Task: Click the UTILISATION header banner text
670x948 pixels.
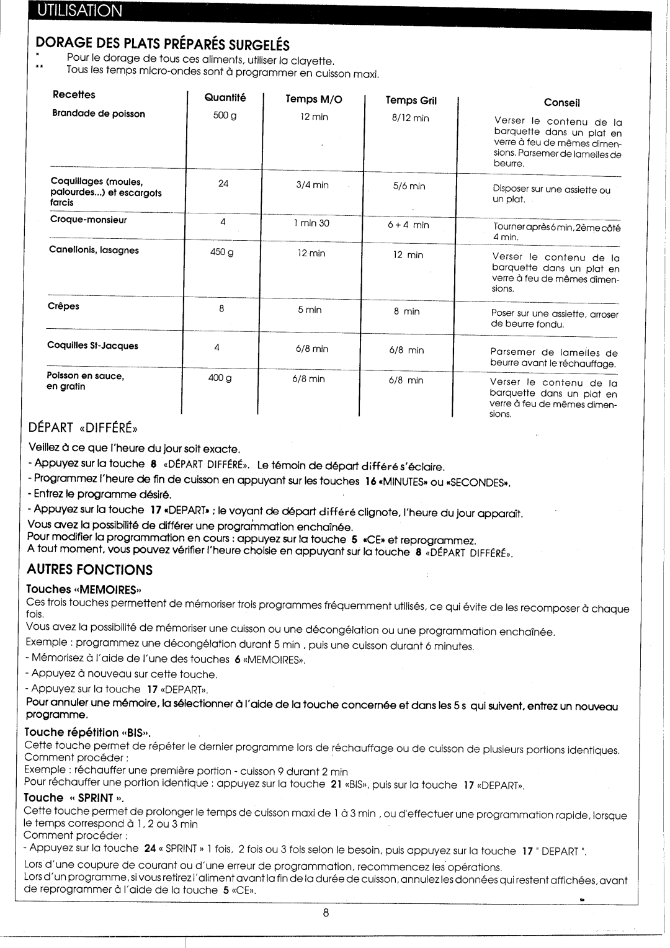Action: [78, 11]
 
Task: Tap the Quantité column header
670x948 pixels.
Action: [225, 97]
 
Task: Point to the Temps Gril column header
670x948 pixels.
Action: [411, 101]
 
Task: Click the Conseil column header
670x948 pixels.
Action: [561, 103]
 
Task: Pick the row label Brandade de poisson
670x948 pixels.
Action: [99, 114]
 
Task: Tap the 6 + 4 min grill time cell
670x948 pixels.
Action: [409, 225]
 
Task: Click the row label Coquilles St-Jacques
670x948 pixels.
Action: [93, 346]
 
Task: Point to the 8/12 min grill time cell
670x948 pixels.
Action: [410, 118]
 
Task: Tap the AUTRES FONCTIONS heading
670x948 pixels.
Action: [89, 570]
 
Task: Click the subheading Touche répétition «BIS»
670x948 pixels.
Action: [88, 732]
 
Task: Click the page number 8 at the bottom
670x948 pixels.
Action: [325, 913]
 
